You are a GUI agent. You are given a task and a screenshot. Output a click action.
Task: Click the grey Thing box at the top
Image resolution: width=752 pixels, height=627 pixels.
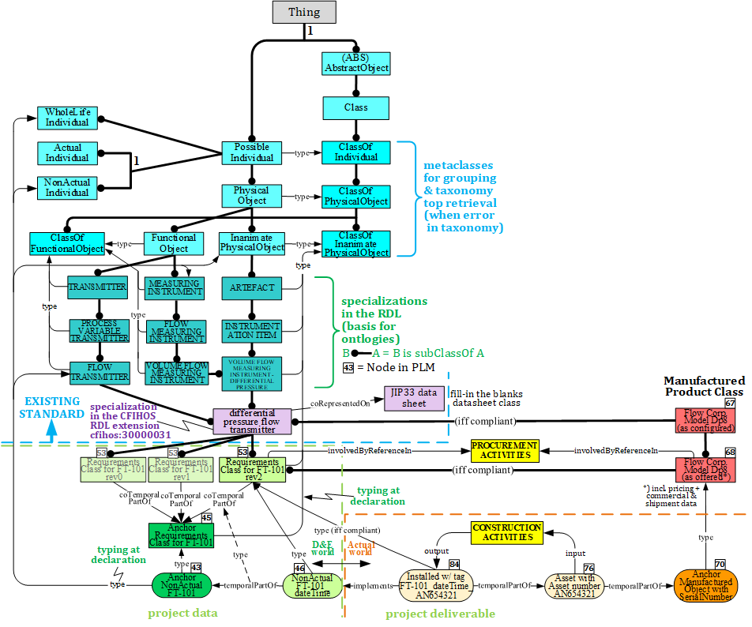click(x=304, y=12)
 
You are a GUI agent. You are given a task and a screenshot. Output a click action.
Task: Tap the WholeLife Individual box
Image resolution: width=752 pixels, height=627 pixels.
click(x=67, y=118)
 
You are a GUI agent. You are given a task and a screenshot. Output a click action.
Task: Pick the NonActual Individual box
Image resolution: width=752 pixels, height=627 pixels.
click(x=67, y=187)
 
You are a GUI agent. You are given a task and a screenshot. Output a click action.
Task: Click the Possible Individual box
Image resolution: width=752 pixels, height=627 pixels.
click(x=251, y=152)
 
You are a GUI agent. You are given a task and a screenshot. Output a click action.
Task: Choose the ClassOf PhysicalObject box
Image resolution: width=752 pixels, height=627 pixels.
click(x=356, y=197)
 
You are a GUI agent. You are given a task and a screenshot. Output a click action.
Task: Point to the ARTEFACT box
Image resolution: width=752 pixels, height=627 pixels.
click(x=251, y=287)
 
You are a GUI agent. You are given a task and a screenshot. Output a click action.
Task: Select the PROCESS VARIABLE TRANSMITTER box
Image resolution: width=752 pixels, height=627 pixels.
click(x=99, y=330)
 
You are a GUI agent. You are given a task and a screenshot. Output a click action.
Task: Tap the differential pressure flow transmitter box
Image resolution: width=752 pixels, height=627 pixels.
click(x=252, y=421)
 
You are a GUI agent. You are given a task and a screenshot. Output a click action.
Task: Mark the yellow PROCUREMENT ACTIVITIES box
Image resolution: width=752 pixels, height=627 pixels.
click(x=504, y=451)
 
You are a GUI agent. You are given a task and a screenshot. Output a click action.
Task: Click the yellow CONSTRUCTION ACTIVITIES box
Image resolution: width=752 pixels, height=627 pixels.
click(x=506, y=532)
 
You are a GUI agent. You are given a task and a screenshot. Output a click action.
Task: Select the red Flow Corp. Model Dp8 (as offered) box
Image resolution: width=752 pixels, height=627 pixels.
click(x=705, y=470)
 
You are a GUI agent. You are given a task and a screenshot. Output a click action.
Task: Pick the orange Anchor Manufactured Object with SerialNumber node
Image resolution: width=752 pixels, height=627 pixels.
click(x=705, y=587)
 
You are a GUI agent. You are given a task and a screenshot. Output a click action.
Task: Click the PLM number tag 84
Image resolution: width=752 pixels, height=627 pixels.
click(x=454, y=564)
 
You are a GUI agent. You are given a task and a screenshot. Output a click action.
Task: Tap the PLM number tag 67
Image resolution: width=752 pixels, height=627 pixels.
click(x=730, y=404)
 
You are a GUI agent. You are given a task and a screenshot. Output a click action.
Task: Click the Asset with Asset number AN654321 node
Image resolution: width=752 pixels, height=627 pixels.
click(x=573, y=587)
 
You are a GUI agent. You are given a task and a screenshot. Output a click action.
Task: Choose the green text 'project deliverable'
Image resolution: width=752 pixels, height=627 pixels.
click(x=440, y=614)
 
